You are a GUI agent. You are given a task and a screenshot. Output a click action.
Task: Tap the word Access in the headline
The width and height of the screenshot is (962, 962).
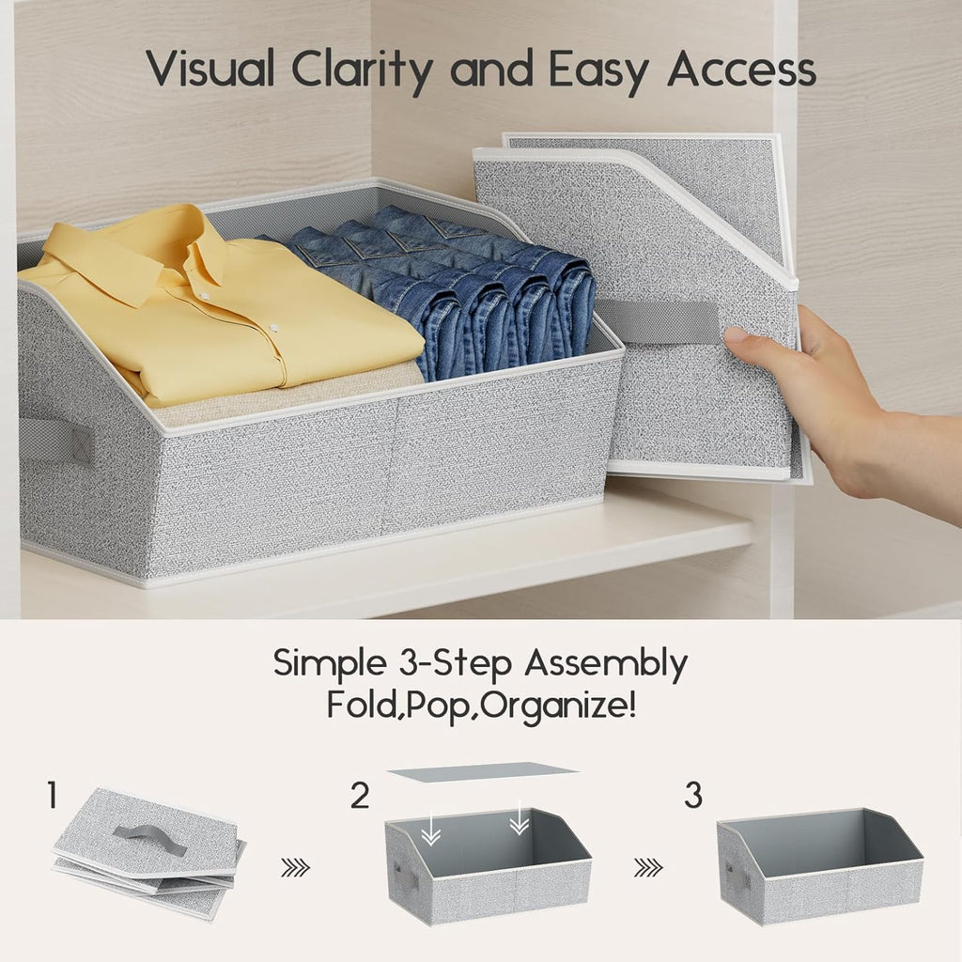741,70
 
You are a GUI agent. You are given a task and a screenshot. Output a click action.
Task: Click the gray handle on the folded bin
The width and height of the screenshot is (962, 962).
658,321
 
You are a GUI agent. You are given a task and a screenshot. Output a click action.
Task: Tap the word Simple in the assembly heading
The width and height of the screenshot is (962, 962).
325,663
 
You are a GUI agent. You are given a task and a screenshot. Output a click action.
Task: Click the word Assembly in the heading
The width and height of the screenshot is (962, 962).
605,665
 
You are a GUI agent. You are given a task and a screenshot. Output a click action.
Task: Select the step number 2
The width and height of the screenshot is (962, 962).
360,797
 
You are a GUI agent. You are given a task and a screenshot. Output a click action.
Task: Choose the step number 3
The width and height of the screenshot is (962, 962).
692,797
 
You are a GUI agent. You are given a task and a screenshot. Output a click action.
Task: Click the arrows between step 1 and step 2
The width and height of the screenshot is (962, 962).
295,869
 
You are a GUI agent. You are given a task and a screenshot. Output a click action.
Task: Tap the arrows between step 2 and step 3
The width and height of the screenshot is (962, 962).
647,869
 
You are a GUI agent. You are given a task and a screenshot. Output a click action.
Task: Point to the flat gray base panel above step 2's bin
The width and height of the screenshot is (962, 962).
482,772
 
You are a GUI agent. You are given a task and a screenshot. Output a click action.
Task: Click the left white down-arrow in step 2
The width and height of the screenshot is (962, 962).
430,828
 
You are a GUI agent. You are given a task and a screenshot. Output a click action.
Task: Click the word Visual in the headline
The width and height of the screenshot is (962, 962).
212,70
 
